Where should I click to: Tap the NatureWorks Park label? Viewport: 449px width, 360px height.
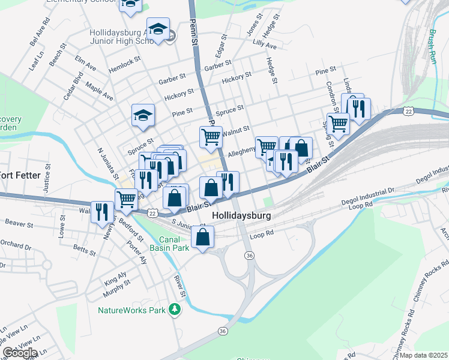pos(131,310)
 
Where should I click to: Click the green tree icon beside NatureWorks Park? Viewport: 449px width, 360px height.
pos(175,310)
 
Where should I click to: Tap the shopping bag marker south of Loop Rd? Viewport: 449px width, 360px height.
pos(203,237)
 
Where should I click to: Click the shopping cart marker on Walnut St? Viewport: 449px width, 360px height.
pos(211,137)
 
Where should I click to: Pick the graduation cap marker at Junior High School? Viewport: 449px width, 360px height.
pos(158,29)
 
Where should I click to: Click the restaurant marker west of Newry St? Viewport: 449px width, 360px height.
pos(102,211)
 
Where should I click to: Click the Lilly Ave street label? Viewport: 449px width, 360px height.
pos(265,44)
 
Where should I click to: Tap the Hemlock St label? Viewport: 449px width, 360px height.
pos(124,65)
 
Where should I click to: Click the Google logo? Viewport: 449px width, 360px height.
pos(20,353)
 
